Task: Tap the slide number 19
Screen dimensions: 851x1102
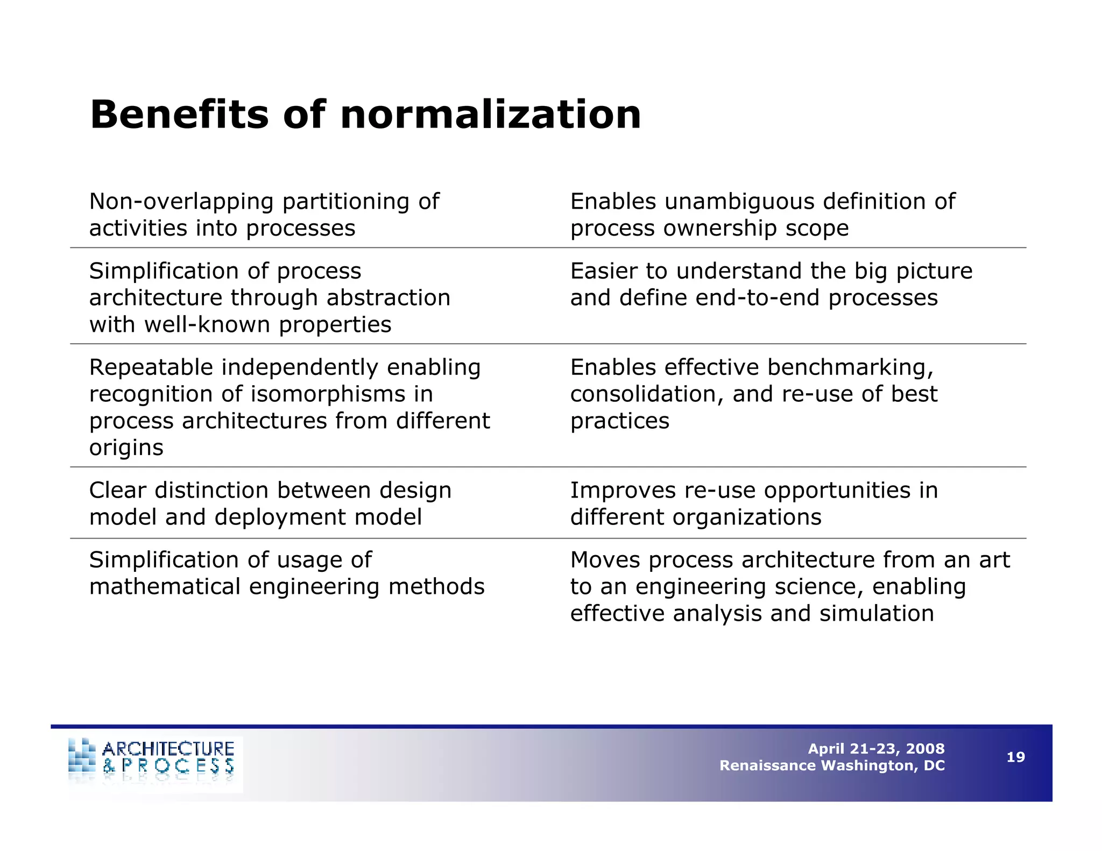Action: tap(1015, 757)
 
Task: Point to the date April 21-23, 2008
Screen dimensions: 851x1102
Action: tap(876, 749)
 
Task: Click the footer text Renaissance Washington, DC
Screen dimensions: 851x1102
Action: tap(832, 765)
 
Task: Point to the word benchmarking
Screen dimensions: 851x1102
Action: tap(850, 368)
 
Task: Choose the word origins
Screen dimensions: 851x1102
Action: tap(126, 448)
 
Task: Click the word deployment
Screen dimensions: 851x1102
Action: tap(280, 517)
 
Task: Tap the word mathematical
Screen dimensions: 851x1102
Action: tap(165, 587)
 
